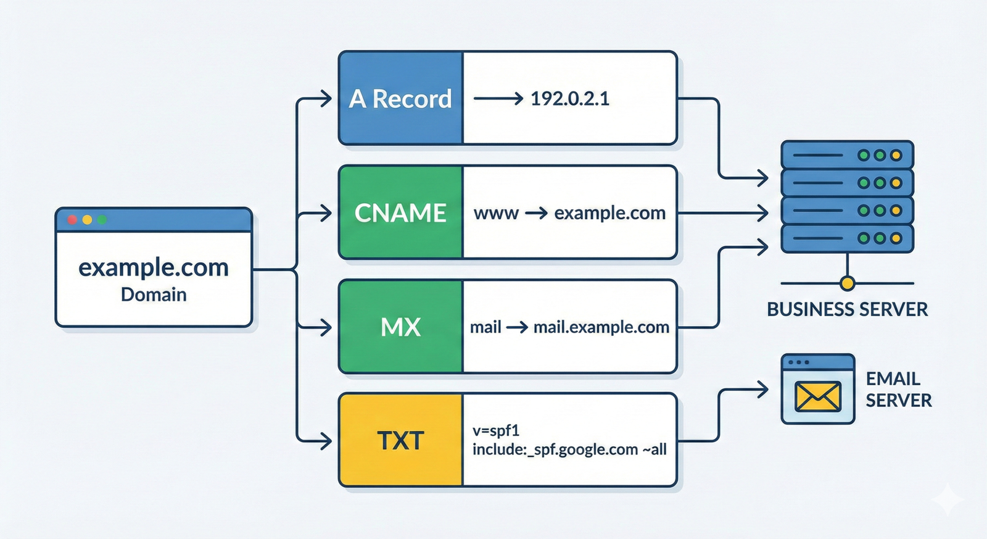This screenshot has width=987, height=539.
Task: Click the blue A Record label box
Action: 401,99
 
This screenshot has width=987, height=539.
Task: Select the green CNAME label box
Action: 401,213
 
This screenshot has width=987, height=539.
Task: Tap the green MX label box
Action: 401,327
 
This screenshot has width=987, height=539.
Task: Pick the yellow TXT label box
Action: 401,441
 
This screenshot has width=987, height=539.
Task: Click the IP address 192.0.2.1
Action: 570,99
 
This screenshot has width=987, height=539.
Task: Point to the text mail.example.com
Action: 601,327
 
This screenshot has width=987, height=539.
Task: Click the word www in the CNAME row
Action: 496,214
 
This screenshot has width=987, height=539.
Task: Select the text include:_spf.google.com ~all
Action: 569,449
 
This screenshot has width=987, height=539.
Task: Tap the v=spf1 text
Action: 496,430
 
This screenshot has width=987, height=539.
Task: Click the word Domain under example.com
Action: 154,295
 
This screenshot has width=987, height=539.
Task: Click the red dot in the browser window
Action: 72,220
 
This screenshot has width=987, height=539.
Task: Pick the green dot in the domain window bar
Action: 102,220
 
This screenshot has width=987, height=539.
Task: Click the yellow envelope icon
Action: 818,396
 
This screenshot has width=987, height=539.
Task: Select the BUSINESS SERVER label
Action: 847,309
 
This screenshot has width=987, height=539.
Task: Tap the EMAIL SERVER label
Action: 898,389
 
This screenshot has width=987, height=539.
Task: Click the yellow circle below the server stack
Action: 848,283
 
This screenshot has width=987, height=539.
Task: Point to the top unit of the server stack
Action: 847,155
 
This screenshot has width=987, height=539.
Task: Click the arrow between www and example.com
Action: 536,214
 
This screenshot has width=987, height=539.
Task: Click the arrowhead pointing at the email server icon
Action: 763,389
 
